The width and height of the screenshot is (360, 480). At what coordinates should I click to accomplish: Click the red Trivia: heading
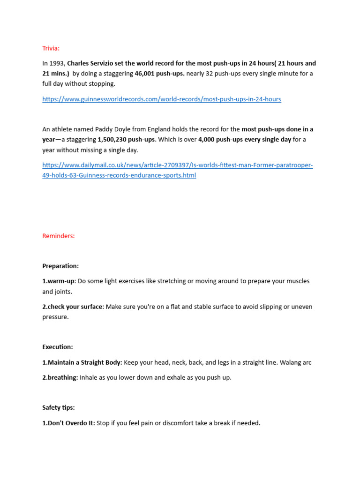point(51,48)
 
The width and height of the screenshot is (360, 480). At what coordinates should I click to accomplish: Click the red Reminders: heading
point(59,236)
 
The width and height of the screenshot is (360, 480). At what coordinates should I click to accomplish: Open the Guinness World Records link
point(162,99)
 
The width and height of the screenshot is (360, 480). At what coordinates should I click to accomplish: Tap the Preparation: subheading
point(60,266)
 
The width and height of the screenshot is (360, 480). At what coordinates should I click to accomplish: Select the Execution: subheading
point(58,347)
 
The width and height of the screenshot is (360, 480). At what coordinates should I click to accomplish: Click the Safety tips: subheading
point(59,408)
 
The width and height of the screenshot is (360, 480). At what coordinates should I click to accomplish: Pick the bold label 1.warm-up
point(59,281)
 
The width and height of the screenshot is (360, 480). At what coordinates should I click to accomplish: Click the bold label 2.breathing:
point(60,377)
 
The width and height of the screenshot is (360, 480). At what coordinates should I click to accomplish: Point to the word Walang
point(291,362)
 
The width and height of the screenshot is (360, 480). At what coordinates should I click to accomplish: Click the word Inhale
point(90,377)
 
